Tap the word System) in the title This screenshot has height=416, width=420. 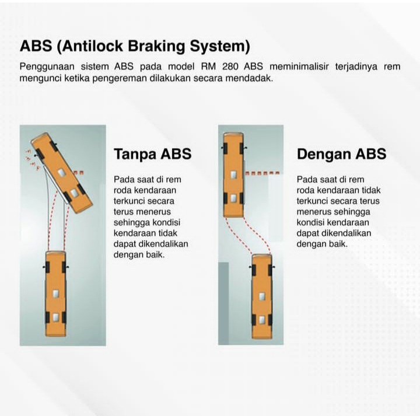click(x=220, y=46)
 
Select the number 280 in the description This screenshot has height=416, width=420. click(x=230, y=66)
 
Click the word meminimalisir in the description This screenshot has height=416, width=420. click(x=299, y=66)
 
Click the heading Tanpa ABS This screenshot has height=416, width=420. click(x=153, y=154)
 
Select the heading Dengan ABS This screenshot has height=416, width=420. click(x=341, y=154)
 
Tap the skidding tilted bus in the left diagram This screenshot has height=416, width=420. click(x=62, y=173)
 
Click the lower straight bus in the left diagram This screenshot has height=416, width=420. click(x=56, y=293)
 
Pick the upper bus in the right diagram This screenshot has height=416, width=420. click(x=233, y=174)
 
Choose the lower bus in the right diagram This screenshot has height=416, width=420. click(x=262, y=296)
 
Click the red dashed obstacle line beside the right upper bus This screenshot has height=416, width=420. click(x=262, y=173)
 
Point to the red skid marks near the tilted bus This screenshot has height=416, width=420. click(x=33, y=160)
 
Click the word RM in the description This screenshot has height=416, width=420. click(x=208, y=66)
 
